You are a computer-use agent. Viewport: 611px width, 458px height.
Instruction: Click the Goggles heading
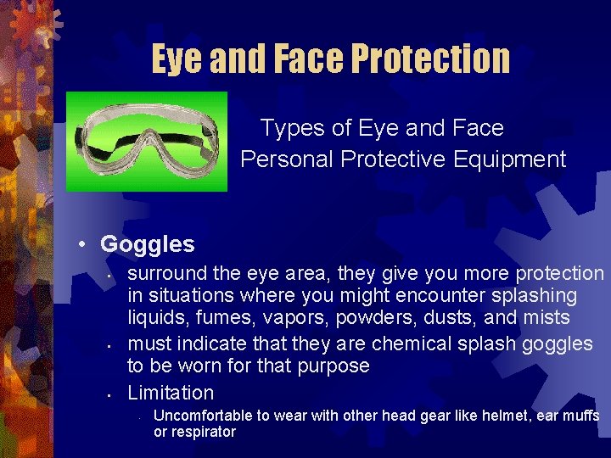tap(147, 244)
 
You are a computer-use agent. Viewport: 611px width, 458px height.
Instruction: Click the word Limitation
tap(171, 393)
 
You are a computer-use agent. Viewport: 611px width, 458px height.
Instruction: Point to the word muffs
tap(580, 416)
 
